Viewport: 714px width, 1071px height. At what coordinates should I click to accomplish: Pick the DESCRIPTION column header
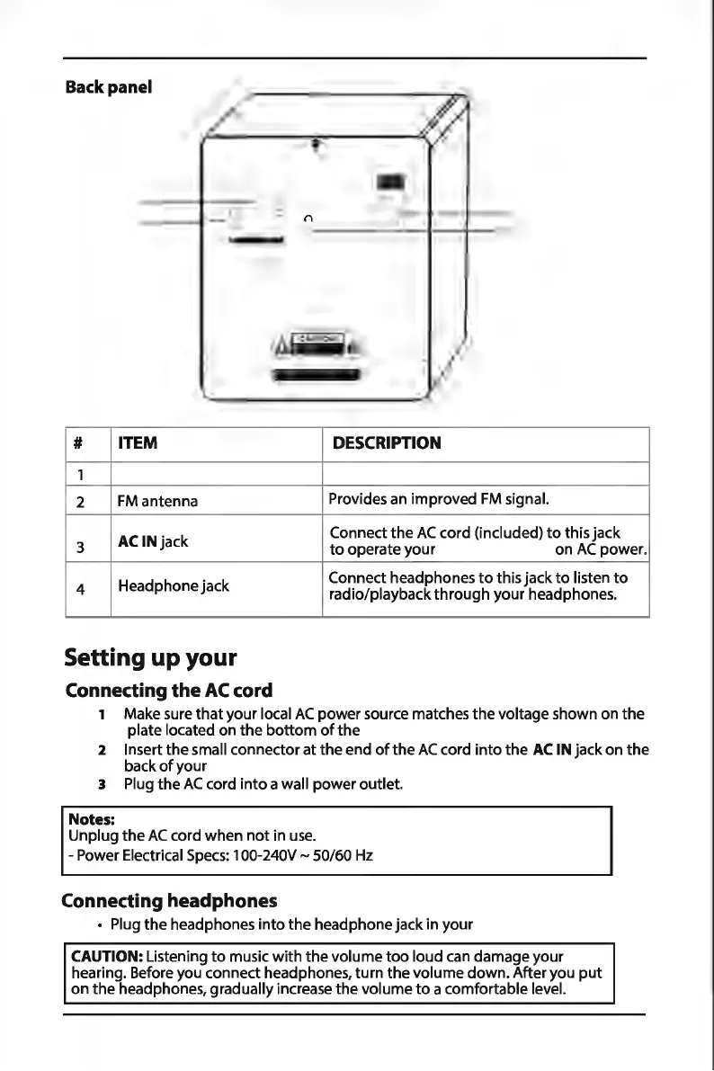tap(387, 443)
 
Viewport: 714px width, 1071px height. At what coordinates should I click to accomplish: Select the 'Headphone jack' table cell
tap(174, 586)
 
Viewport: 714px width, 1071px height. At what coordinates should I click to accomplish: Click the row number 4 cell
tap(81, 590)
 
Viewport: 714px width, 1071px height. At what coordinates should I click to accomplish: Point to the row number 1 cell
tap(78, 473)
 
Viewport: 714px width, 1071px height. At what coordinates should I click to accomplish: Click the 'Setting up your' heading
tap(150, 657)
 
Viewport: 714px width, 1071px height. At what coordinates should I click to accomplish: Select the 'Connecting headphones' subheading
tap(169, 900)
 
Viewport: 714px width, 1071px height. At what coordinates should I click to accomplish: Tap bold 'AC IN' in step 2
tap(551, 749)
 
